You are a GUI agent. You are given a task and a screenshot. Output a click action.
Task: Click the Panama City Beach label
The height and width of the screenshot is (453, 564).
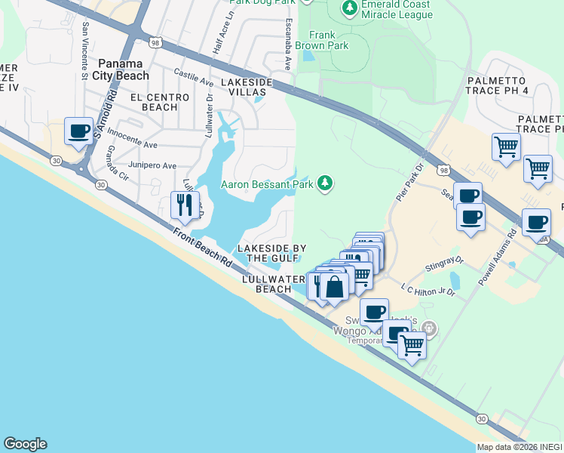[121, 69]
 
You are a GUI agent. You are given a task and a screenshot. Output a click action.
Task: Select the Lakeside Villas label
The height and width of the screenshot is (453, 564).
[243, 86]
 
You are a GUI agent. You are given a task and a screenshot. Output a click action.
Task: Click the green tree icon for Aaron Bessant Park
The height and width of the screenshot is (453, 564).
[325, 183]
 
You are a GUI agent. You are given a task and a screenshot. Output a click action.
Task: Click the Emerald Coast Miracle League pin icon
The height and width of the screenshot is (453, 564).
[349, 8]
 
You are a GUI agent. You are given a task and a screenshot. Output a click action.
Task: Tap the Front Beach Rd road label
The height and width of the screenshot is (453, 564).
[202, 247]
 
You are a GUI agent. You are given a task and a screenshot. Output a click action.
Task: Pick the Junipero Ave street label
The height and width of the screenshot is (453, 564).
[154, 165]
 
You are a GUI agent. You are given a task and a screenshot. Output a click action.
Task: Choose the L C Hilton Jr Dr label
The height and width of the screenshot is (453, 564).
[428, 291]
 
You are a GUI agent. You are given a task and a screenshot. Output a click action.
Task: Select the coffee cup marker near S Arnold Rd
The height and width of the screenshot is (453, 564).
[79, 131]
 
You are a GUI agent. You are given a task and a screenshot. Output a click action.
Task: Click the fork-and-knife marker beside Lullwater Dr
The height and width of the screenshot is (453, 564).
[185, 204]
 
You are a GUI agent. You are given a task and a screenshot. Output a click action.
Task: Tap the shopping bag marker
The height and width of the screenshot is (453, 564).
[336, 286]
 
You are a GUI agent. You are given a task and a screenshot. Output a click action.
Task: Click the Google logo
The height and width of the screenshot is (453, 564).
[25, 444]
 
